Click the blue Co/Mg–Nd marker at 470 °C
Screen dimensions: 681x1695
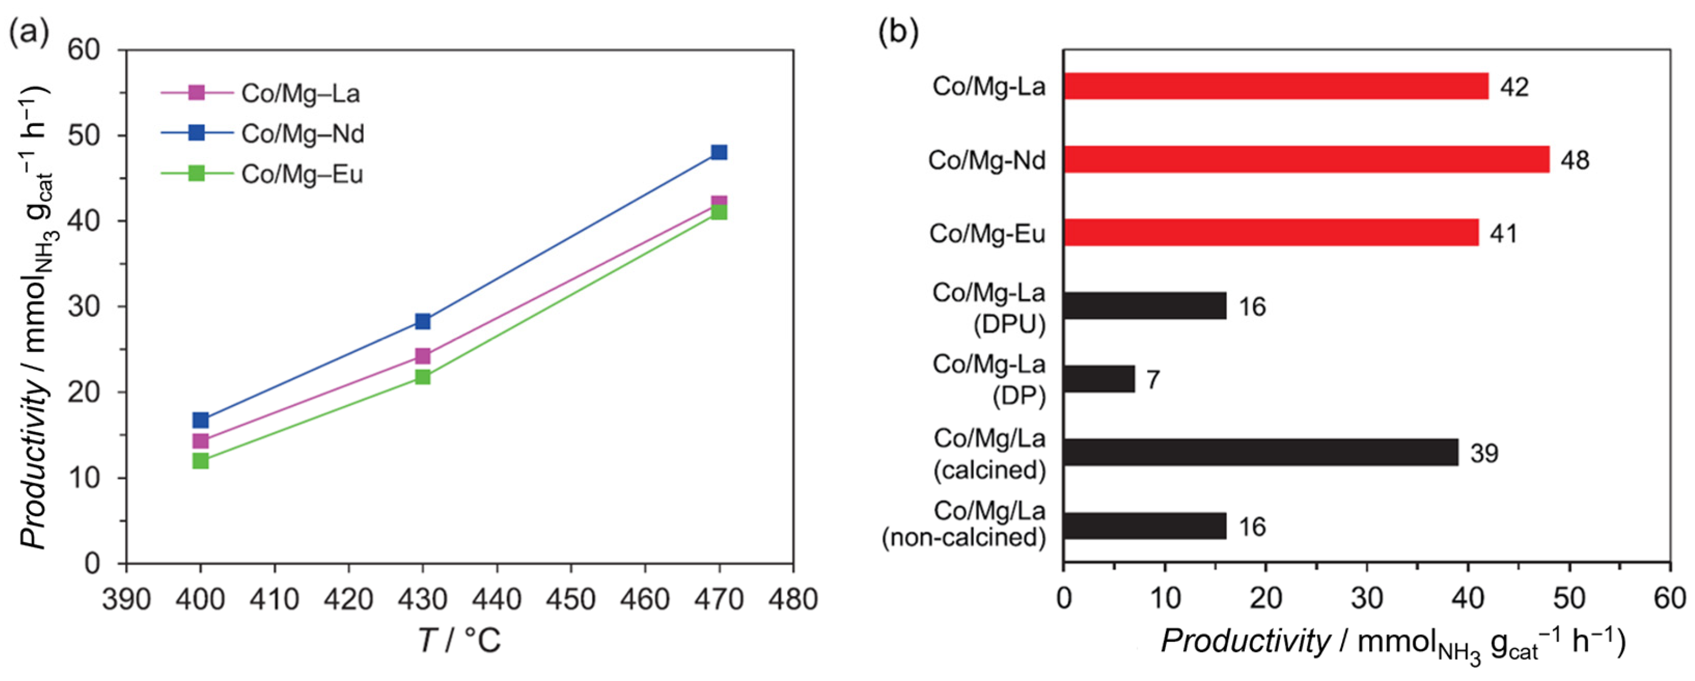tap(719, 153)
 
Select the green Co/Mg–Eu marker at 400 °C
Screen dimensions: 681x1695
tap(201, 461)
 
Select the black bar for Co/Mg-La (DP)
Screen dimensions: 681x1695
tap(1099, 379)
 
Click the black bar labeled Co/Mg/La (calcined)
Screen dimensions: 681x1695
tap(1260, 453)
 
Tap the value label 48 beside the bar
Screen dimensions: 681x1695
tap(1575, 160)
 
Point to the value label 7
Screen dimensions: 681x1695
tap(1153, 380)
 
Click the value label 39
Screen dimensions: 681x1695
tap(1484, 453)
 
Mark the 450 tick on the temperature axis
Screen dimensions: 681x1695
tap(571, 599)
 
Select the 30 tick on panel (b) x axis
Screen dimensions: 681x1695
tap(1366, 599)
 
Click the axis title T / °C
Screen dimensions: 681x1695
tap(460, 640)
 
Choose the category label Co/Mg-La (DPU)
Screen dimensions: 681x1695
tap(988, 307)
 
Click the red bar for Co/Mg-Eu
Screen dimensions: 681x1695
tap(1271, 233)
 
